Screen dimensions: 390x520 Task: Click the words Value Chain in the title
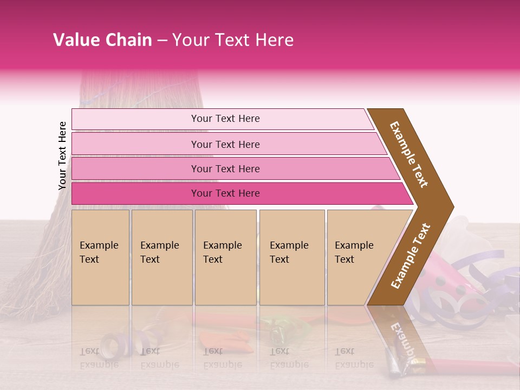pos(102,40)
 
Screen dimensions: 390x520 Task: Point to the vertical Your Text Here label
pos(62,156)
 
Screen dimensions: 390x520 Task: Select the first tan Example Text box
pos(100,258)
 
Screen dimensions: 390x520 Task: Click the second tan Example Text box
pos(161,258)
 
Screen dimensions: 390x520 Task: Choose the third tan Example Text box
pos(225,258)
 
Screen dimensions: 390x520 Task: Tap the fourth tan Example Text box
pos(291,258)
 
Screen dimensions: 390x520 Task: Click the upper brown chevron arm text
pos(409,154)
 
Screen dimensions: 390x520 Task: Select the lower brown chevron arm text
pos(411,256)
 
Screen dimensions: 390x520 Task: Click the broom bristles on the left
pos(32,260)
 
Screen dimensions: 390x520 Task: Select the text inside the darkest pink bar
pos(225,193)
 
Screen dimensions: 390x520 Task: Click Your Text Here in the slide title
pos(233,40)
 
